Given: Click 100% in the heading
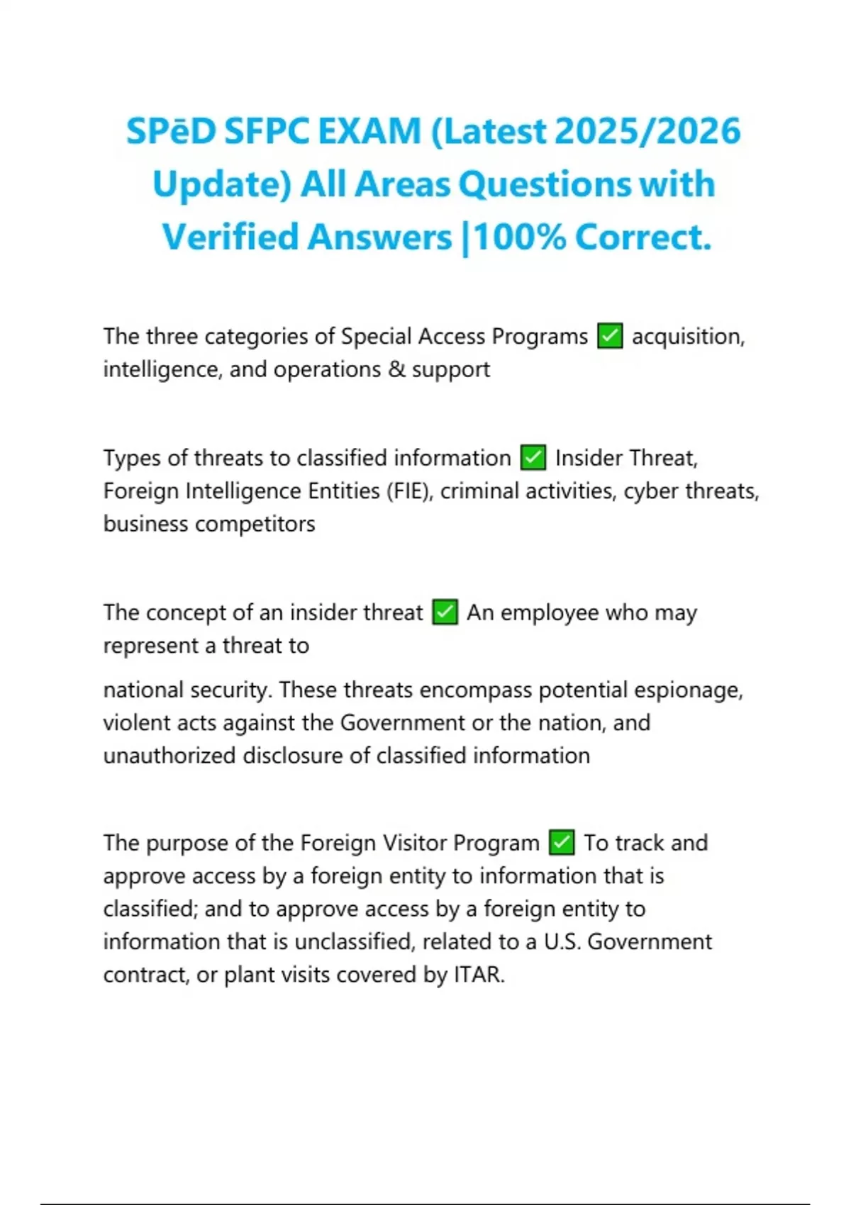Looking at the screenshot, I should (519, 237).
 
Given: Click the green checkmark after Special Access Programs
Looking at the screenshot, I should (610, 336).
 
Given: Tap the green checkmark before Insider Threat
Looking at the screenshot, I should (533, 458).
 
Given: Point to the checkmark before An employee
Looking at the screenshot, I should (445, 612).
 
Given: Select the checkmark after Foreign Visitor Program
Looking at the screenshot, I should (562, 843).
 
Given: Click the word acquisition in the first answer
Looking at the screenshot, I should (686, 336).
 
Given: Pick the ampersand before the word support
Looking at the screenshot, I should (396, 369).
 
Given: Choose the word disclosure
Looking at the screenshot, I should (293, 756).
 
